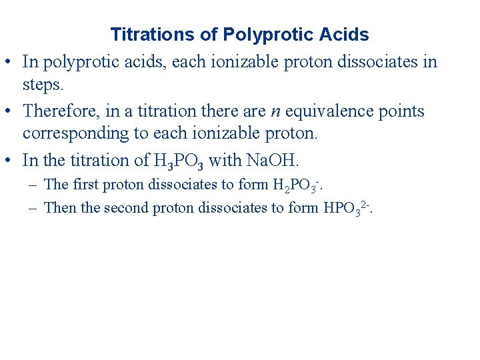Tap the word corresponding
(x=79, y=133)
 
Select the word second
(x=126, y=207)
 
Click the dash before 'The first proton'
(x=32, y=185)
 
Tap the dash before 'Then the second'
(x=32, y=208)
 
